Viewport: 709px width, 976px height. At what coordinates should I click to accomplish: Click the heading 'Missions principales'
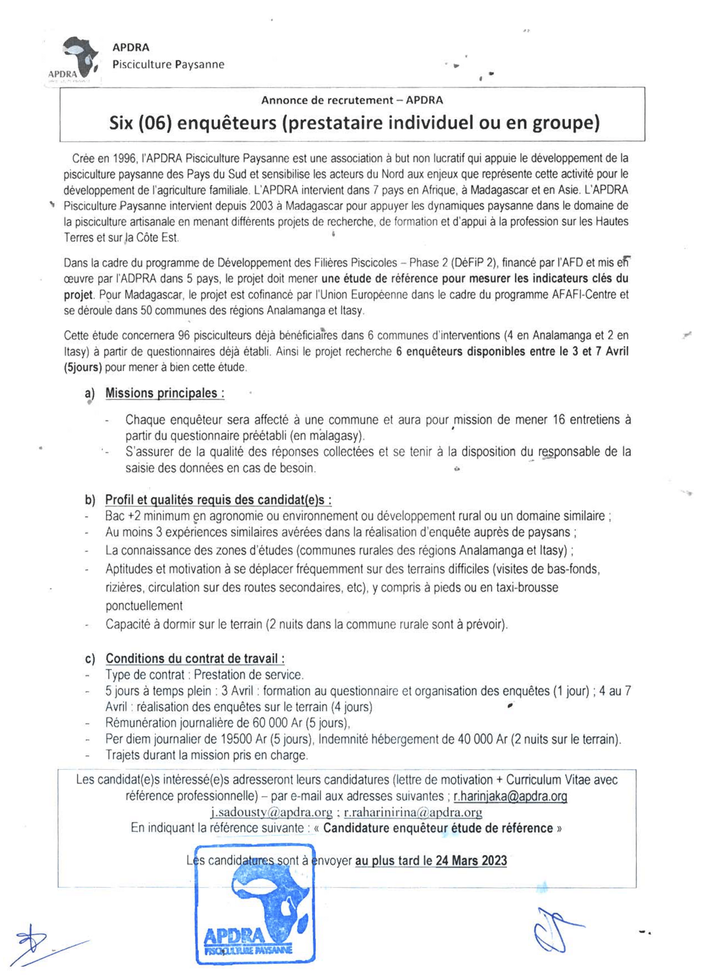coord(165,393)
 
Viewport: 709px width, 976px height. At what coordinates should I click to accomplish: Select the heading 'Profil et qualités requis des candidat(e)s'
coord(218,500)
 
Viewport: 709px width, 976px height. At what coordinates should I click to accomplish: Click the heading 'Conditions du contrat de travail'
coord(195,659)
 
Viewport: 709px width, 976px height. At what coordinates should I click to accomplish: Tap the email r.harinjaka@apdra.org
coord(510,797)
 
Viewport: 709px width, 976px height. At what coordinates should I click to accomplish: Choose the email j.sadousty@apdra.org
coord(272,812)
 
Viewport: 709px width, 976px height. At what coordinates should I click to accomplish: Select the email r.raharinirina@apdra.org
coord(413,812)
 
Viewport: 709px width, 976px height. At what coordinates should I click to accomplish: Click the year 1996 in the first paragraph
coord(124,159)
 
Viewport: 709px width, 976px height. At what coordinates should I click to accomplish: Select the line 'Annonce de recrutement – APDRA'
coord(352,100)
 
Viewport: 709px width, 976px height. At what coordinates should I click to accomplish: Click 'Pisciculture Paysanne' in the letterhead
coord(168,65)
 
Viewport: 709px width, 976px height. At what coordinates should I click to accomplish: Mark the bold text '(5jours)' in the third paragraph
coord(83,368)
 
